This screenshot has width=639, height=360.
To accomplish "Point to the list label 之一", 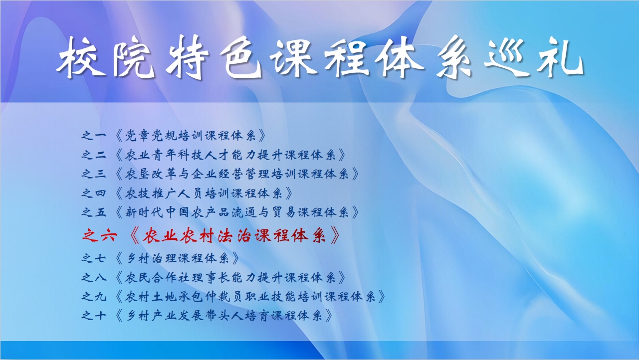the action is coord(94,135).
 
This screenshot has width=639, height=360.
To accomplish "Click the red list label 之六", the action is coord(99,236).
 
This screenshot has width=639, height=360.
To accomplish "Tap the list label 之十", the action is coord(94,316).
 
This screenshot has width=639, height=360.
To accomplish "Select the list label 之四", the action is coord(94,193).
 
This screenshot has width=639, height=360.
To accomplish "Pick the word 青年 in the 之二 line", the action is coord(163,155).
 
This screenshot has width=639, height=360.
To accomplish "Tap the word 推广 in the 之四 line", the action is coord(163,193).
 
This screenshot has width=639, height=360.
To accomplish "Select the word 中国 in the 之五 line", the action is coord(178,212).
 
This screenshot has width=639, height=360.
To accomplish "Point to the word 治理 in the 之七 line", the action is coord(163,258).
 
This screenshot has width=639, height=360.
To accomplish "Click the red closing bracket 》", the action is coord(335,236).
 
